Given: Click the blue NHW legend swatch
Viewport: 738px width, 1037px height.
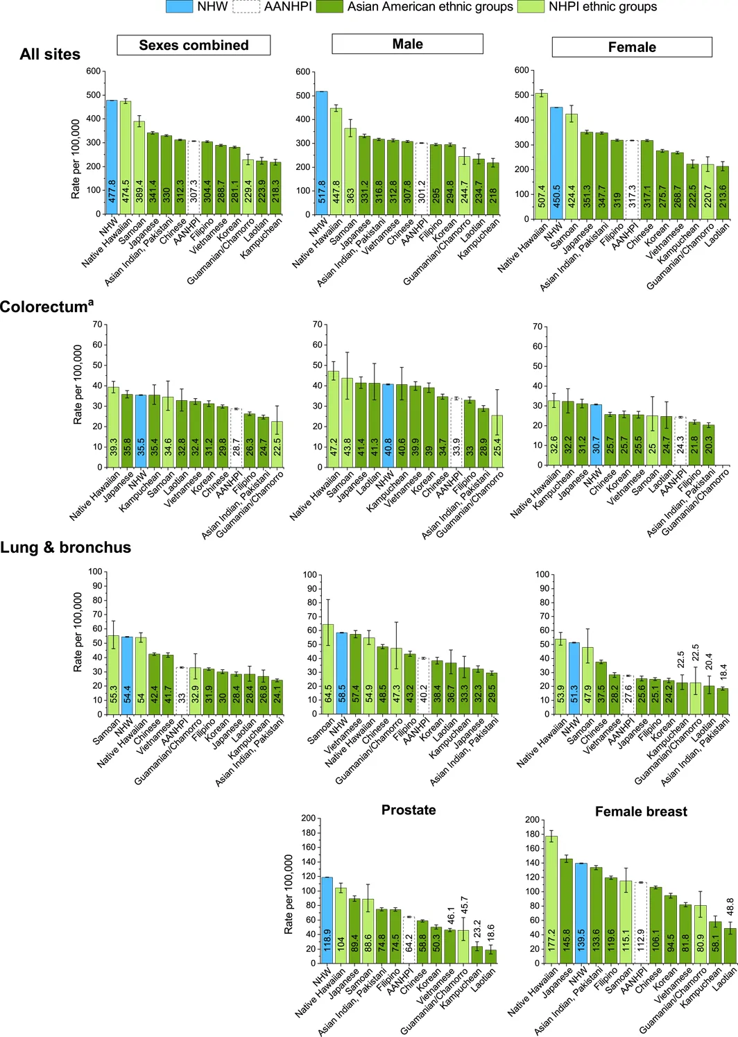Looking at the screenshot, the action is pos(180,6).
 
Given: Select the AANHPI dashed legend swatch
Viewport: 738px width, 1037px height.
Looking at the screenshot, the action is pos(246,6).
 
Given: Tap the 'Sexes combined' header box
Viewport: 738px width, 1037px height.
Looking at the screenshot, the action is pos(194,45).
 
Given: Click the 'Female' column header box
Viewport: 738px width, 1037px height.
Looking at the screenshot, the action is pos(632,46).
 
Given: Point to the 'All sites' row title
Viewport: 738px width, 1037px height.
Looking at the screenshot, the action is pos(50,54).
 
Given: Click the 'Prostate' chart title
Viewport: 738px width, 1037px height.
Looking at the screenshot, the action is pos(409,809).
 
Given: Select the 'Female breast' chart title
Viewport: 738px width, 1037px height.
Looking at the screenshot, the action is pos(641,811).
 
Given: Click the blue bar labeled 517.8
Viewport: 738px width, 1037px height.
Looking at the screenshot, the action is pos(321,153).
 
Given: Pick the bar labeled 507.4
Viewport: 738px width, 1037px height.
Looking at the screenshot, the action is pos(542,156).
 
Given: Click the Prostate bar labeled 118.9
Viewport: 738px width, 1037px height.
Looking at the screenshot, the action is pos(327,920).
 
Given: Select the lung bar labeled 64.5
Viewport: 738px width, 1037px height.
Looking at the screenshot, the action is pos(328,669).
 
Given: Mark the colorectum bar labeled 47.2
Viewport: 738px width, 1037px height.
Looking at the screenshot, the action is pos(333,419).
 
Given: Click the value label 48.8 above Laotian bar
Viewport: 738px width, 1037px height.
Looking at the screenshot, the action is pos(730,907).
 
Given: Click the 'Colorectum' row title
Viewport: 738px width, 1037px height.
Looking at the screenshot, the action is pos(46,306).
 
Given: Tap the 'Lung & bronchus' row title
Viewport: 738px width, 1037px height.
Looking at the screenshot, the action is pos(66,547).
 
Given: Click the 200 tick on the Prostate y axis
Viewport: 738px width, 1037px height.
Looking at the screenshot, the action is pos(309,819).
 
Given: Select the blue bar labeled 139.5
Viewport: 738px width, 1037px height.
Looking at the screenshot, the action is pos(581,914).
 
